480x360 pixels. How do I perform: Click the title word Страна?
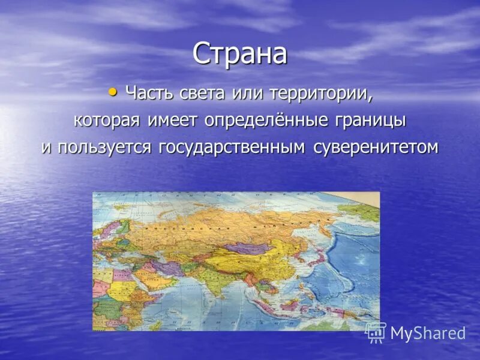[240, 55]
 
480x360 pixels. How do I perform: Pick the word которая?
[106, 120]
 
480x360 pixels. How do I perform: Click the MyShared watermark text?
[427, 334]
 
